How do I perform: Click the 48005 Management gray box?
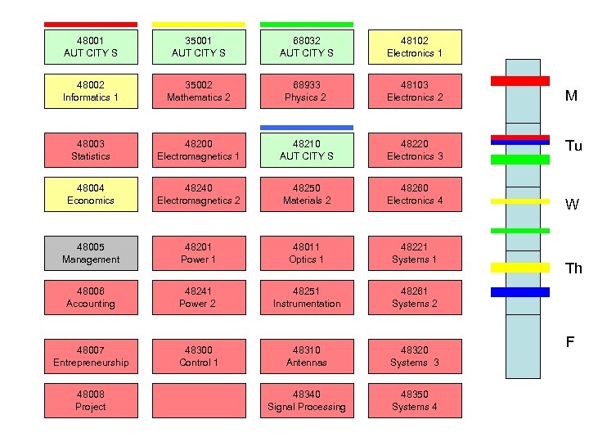point(91,253)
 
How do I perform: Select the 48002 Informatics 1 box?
point(91,91)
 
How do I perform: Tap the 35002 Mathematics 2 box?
point(199,91)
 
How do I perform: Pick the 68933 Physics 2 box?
point(307,91)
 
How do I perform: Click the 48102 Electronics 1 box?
point(415,47)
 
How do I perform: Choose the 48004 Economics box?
point(91,194)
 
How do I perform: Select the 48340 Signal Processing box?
point(307,400)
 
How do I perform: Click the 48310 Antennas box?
point(307,356)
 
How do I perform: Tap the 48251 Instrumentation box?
point(307,297)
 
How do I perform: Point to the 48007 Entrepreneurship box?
point(91,356)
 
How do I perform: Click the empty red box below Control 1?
point(199,400)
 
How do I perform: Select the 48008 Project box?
point(91,400)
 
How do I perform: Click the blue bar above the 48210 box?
point(307,128)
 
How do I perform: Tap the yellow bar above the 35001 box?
point(199,25)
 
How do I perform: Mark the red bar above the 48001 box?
point(91,25)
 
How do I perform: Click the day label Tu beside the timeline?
point(573,147)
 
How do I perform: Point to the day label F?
point(571,342)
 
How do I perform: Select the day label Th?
point(573,268)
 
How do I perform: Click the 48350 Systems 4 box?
point(415,400)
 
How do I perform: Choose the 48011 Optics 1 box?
point(307,253)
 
